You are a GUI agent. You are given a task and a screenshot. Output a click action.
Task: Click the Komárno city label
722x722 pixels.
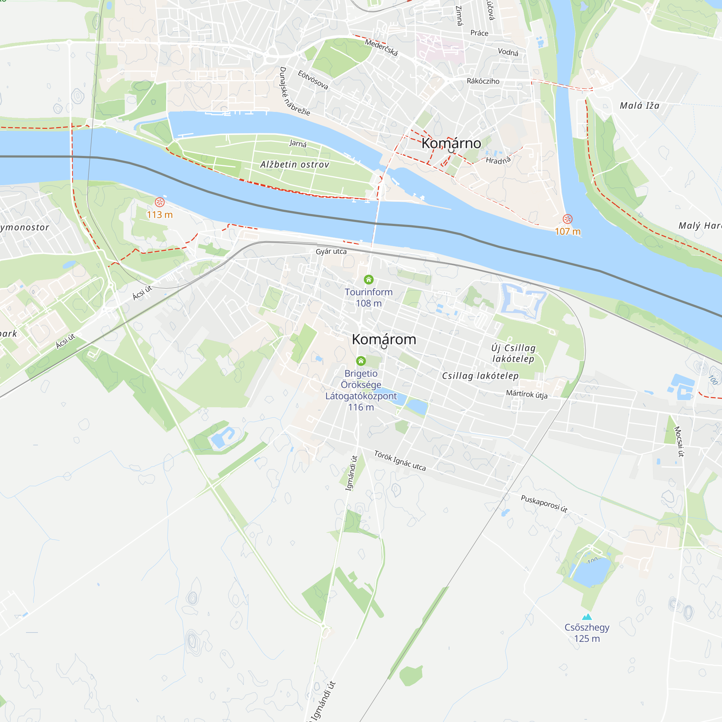(x=451, y=143)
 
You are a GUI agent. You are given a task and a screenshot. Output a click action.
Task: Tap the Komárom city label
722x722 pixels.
(x=384, y=339)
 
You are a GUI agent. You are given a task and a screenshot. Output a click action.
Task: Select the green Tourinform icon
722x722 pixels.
(x=369, y=279)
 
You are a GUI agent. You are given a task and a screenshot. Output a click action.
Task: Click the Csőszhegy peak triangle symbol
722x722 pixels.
(x=587, y=617)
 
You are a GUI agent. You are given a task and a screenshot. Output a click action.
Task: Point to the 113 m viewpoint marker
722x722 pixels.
(x=160, y=203)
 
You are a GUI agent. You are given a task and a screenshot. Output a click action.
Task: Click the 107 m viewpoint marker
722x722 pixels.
(x=567, y=219)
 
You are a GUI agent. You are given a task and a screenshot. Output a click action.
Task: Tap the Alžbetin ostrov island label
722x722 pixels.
(x=295, y=164)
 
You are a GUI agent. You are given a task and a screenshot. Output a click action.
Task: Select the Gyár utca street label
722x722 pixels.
(x=331, y=252)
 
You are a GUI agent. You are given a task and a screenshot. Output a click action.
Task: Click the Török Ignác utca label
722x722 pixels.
(x=400, y=460)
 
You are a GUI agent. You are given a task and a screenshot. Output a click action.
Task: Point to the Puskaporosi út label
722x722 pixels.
(x=544, y=503)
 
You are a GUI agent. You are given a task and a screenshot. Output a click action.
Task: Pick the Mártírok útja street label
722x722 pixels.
(x=527, y=394)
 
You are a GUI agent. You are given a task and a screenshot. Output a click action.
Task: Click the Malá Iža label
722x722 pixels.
(x=639, y=106)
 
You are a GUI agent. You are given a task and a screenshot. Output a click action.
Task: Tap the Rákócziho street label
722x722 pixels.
(x=483, y=81)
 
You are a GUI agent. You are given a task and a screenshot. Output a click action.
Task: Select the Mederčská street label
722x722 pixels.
(x=381, y=47)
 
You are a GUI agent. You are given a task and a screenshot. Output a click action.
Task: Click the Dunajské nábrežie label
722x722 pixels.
(x=294, y=92)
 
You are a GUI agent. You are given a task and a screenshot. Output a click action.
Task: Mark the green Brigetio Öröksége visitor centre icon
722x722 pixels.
(x=361, y=361)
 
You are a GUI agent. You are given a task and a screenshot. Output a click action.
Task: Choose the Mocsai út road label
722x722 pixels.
(x=679, y=442)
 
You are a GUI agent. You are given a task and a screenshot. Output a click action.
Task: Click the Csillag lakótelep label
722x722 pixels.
(x=480, y=376)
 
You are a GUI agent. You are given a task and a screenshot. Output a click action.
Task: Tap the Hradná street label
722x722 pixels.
(x=498, y=160)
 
